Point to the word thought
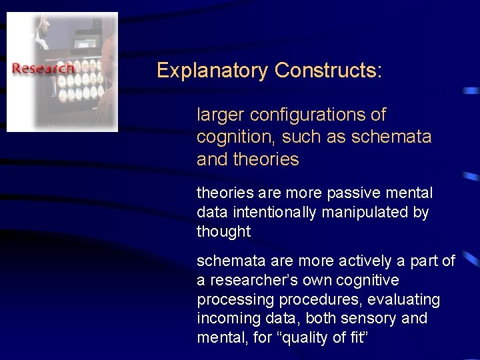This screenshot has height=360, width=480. pos(223,232)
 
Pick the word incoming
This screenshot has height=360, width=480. pos(225,319)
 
